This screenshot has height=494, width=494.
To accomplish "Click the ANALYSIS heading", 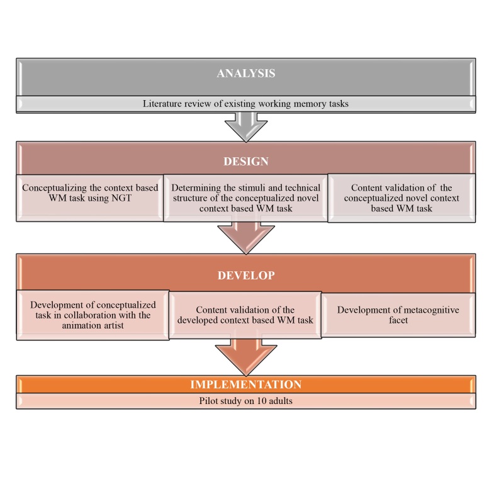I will pyautogui.click(x=246, y=74).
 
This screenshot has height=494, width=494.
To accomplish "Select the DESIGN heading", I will pyautogui.click(x=246, y=162).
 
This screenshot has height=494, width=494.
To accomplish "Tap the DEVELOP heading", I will pyautogui.click(x=246, y=275).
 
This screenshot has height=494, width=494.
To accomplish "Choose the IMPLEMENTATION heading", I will pyautogui.click(x=246, y=385).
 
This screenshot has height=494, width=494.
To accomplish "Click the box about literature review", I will pyautogui.click(x=246, y=103).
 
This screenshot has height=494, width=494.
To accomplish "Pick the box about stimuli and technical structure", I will pyautogui.click(x=246, y=198).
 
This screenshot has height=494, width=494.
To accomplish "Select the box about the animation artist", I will pyautogui.click(x=93, y=315).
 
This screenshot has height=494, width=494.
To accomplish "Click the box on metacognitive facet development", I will pyautogui.click(x=398, y=315).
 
